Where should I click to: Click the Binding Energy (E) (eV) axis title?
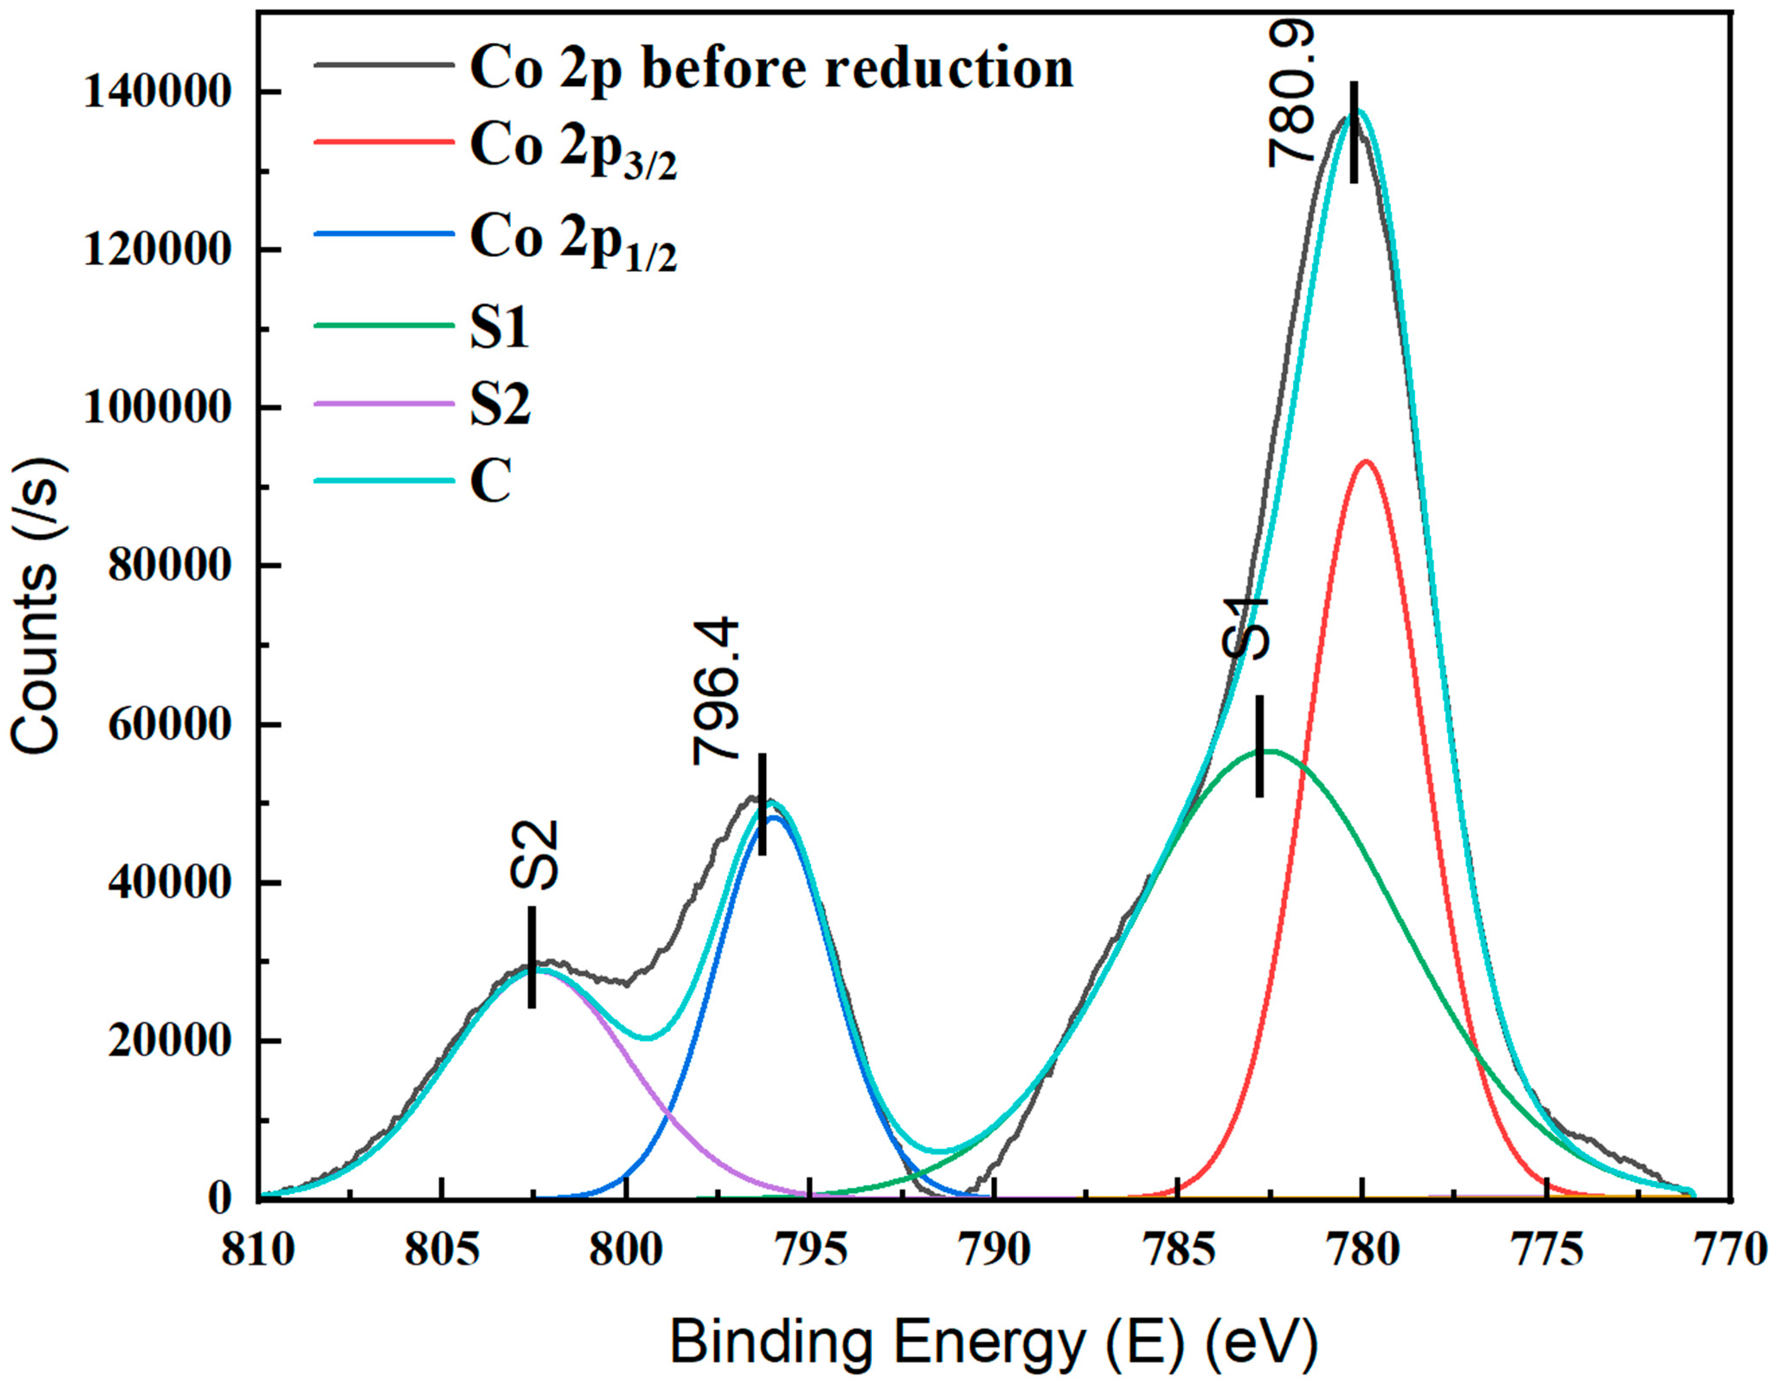993,1341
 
